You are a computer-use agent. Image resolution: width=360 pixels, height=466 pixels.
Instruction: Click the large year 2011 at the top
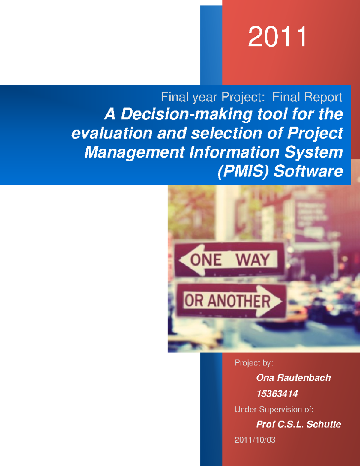coord(277,36)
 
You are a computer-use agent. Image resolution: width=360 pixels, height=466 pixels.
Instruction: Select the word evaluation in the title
coord(112,133)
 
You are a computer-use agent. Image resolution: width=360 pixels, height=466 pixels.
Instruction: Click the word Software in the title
coord(308,171)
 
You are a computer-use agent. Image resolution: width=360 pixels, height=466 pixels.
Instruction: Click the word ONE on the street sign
coord(206,260)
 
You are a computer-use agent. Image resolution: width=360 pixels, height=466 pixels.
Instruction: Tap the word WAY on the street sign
coord(253,260)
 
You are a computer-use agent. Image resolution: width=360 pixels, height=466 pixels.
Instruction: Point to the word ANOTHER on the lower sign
coord(239,301)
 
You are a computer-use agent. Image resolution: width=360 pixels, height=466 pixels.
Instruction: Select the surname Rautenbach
coord(304,378)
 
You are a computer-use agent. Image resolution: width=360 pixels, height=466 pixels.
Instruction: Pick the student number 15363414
coord(277,394)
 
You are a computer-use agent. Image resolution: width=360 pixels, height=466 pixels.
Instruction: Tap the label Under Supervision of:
coord(274,410)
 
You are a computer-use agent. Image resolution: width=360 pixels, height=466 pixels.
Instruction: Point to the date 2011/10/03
coord(255,440)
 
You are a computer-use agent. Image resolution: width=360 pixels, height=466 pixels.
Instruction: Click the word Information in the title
coord(234,152)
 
